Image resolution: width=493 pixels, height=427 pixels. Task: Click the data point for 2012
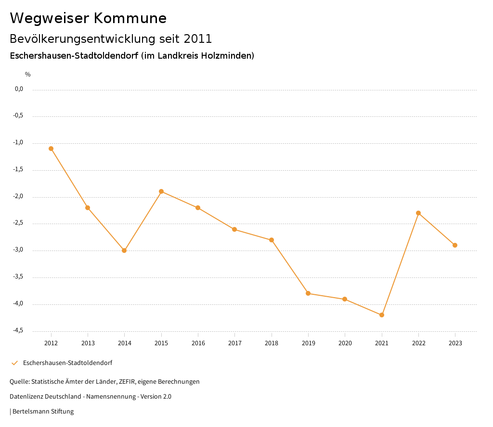click(51, 149)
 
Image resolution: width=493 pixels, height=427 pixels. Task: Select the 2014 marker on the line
click(124, 251)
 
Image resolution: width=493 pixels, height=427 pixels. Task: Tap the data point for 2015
click(161, 191)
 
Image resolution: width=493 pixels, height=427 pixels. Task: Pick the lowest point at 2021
click(382, 315)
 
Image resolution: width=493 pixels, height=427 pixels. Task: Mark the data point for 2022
click(418, 213)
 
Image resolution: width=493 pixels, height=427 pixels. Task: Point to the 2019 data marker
click(308, 293)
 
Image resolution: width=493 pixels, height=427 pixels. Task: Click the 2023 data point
click(455, 245)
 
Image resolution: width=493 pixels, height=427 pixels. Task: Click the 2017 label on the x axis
click(234, 343)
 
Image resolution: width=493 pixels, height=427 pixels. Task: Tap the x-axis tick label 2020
click(345, 343)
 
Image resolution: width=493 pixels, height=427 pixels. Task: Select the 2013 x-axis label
click(88, 343)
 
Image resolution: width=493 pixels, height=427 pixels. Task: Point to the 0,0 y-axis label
click(19, 89)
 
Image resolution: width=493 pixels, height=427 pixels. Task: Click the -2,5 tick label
click(18, 223)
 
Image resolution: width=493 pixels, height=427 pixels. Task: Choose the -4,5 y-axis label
click(18, 330)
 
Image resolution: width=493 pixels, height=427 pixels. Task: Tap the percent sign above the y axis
click(28, 75)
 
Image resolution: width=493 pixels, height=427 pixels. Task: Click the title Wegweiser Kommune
click(88, 18)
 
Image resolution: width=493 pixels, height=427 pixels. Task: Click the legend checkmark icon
click(14, 363)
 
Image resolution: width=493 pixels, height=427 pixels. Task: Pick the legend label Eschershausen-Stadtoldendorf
click(67, 363)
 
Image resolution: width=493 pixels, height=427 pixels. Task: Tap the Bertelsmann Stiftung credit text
click(43, 412)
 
